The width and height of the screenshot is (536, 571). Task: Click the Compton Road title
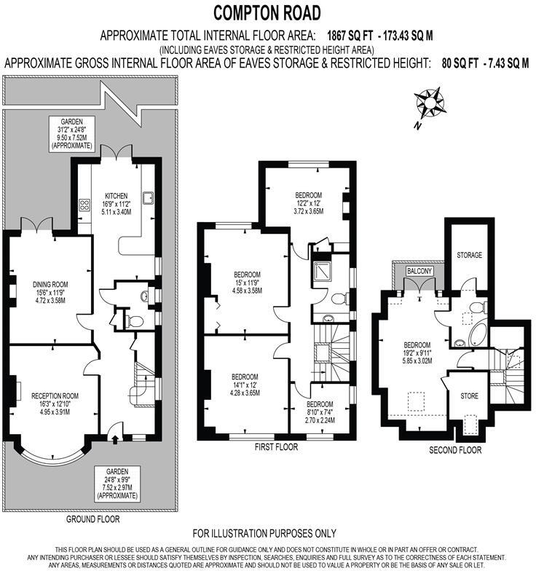267,12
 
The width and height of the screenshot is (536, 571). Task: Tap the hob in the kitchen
84,205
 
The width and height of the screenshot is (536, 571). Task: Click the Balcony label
419,271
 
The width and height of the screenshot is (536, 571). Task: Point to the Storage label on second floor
468,256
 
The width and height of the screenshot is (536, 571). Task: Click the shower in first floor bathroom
321,271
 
